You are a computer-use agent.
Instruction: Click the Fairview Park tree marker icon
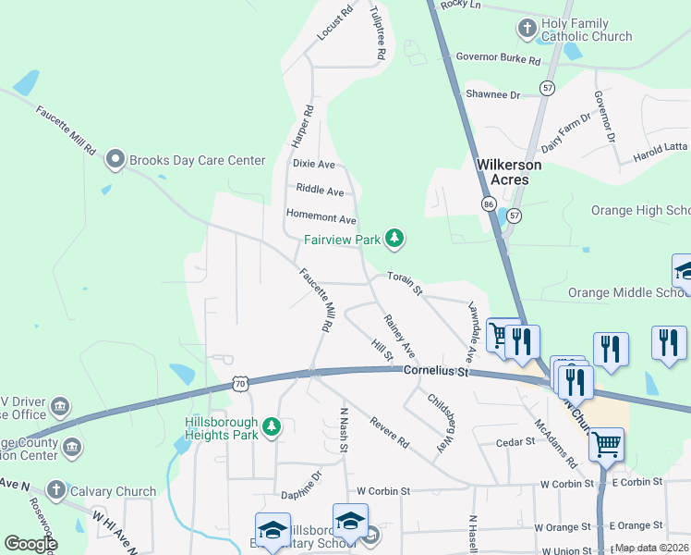[394, 240]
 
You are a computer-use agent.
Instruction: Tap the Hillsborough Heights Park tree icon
[271, 426]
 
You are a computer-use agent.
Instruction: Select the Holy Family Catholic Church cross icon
[527, 29]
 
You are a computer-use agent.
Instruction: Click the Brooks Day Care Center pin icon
[115, 160]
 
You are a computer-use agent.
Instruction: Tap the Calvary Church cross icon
[55, 490]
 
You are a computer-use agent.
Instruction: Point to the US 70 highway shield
[240, 382]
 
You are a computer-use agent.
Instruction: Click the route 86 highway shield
[488, 203]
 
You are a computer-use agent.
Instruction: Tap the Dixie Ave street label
[313, 164]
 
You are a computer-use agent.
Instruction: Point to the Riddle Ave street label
[320, 191]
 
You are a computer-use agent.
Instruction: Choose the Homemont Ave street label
[321, 219]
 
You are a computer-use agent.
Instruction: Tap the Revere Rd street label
[389, 433]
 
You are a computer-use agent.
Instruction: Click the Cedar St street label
[515, 442]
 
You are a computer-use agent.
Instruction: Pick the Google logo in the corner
[30, 544]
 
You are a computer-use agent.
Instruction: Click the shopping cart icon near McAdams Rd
[607, 445]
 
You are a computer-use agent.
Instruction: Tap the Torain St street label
[405, 283]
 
